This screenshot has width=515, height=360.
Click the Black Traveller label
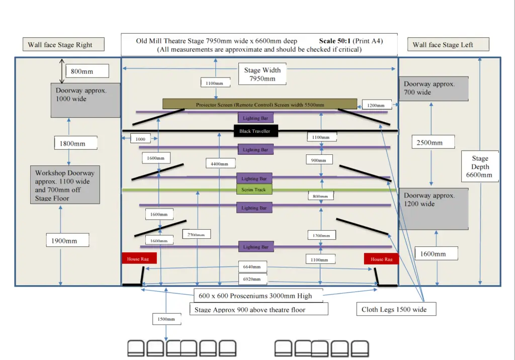254,131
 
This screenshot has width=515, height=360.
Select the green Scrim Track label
254,190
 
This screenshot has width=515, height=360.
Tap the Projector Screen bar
260,105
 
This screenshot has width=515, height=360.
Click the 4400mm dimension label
220,163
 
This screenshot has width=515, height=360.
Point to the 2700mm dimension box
197,234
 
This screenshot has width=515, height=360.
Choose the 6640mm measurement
251,267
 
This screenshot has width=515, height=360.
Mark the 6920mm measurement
251,279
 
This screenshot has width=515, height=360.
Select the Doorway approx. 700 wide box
434,88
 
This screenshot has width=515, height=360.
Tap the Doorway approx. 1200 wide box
434,209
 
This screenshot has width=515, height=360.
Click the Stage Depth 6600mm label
480,166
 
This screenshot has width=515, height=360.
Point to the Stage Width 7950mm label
263,74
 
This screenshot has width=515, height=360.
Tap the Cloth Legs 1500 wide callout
394,309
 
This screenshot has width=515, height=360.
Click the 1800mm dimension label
72,143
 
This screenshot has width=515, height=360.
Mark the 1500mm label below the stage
166,319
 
